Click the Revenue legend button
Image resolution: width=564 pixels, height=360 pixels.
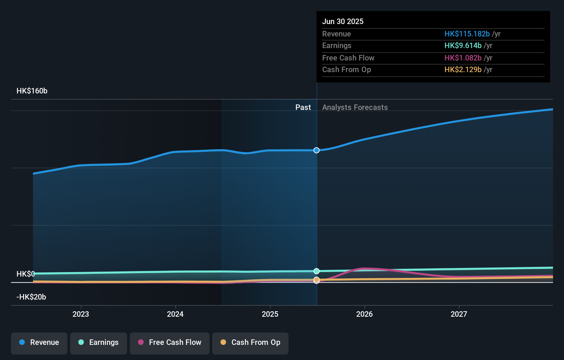39,342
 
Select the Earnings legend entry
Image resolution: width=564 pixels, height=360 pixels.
99,342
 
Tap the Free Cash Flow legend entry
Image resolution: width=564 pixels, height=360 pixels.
170,342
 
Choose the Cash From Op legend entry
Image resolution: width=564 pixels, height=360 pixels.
250,342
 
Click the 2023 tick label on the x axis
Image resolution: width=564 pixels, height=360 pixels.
81,314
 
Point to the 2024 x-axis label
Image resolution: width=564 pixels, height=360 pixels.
175,314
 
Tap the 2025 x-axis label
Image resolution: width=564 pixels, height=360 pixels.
270,314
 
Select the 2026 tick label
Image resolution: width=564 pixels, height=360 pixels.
364,314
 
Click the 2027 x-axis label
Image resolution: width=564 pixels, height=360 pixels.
459,314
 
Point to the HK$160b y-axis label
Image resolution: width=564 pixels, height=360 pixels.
32,91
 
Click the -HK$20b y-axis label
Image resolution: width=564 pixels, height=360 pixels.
31,297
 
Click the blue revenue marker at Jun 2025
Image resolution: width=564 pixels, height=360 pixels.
316,150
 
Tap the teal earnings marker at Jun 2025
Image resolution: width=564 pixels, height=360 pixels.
316,271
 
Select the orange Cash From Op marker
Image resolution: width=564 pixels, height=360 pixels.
316,280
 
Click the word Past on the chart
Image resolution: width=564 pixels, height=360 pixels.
303,108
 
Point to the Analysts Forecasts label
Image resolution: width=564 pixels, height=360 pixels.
355,108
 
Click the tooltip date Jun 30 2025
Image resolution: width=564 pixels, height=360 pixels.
342,21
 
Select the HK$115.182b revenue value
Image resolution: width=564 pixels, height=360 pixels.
467,34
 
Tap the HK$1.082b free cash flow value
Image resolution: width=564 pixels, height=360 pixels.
463,58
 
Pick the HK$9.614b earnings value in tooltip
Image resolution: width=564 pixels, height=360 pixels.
463,46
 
